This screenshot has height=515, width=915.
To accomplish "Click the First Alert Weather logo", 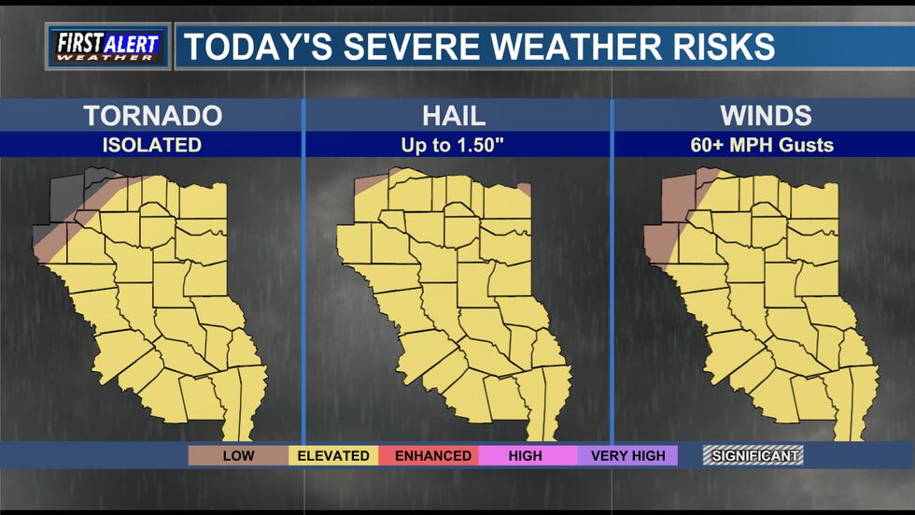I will click(x=108, y=46).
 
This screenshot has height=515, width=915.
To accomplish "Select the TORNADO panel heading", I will click(x=152, y=116).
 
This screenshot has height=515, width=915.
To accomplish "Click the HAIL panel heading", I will click(x=455, y=116).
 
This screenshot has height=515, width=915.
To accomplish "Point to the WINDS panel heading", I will click(x=765, y=116).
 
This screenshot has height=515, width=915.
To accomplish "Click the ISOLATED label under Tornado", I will click(x=152, y=145).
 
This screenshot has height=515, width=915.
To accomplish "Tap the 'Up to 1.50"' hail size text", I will click(x=455, y=145).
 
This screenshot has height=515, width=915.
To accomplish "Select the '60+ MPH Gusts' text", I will click(x=765, y=145).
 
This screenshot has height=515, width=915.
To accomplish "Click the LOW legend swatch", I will click(x=237, y=455).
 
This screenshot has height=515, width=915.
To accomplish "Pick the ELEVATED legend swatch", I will click(x=333, y=455).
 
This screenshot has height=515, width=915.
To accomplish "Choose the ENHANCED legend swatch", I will click(x=432, y=455).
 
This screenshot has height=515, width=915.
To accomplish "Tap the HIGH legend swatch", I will click(x=525, y=455).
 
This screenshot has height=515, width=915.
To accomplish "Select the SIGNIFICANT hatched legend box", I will click(x=753, y=455).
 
